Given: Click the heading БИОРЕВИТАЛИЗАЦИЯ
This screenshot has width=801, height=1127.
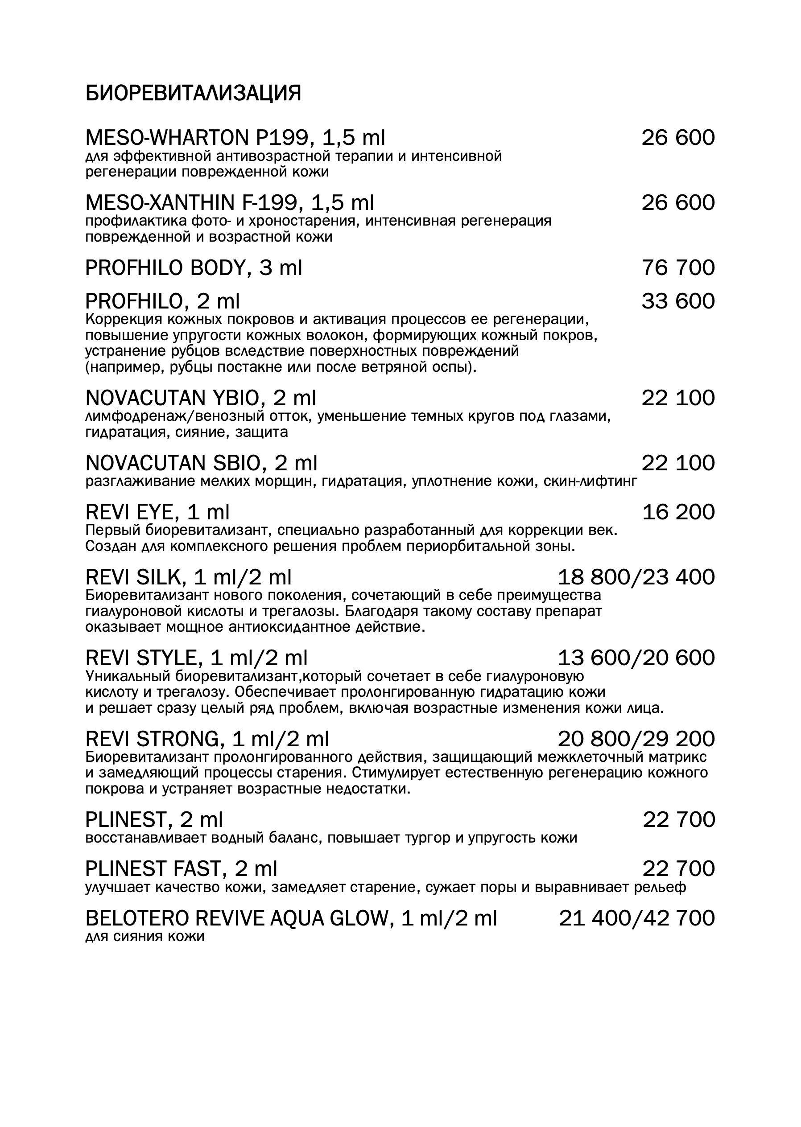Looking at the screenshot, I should (x=193, y=93).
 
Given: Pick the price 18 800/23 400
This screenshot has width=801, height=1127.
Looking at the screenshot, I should (x=636, y=577).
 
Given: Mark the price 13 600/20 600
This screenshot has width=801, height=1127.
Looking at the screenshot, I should (x=636, y=658).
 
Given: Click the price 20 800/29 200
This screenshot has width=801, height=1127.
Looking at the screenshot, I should (x=636, y=739).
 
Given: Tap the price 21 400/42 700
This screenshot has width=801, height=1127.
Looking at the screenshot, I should (x=636, y=918).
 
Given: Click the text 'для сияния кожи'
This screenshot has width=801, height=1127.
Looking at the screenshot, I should (x=145, y=937).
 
